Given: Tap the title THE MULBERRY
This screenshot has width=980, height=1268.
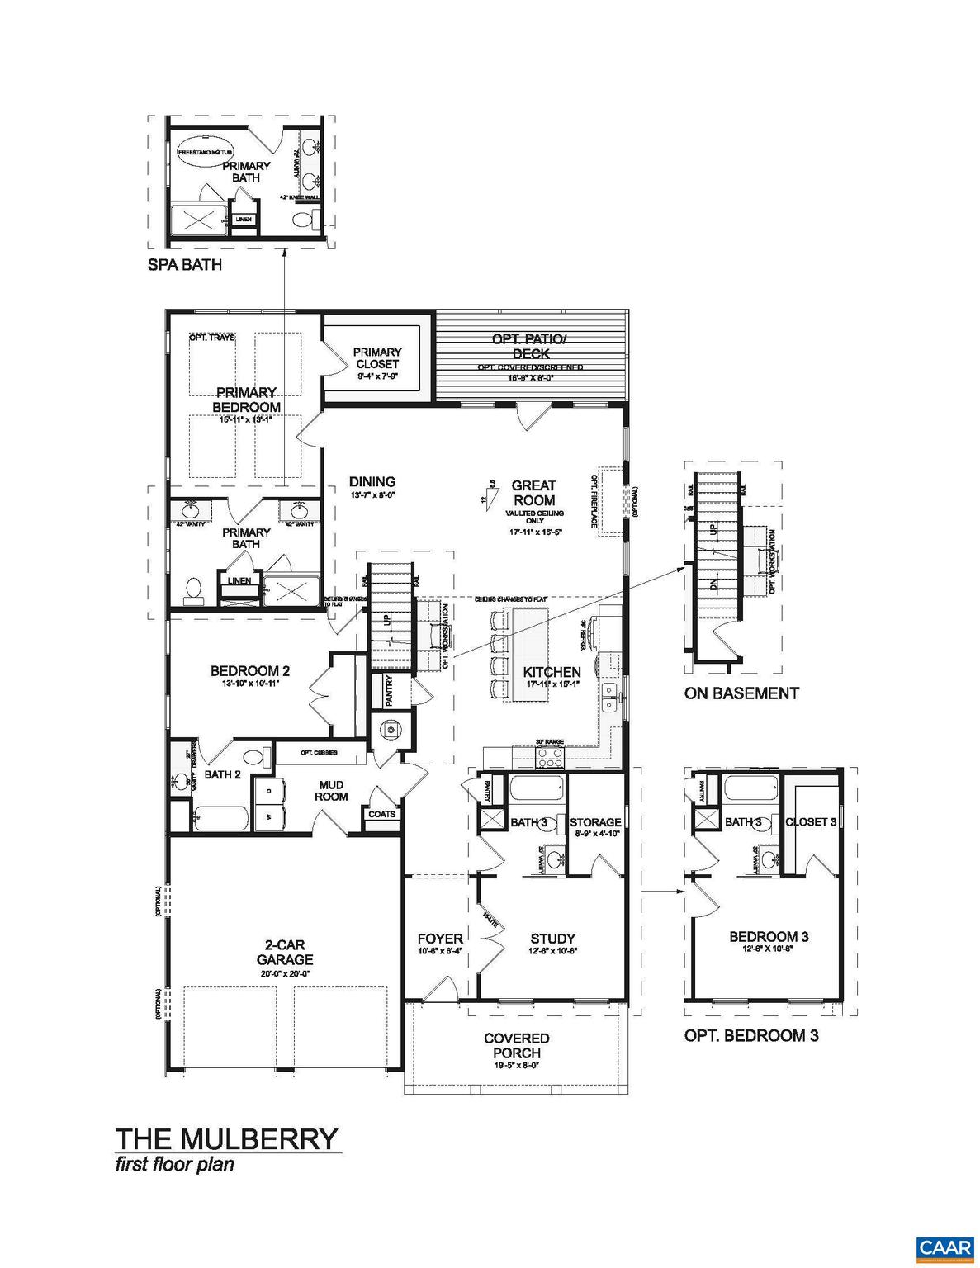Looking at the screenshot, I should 226,1138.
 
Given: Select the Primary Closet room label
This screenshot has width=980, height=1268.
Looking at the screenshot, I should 377,358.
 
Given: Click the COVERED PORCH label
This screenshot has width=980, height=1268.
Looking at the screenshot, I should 517,1045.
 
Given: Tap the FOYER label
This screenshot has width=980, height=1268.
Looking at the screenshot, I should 439,939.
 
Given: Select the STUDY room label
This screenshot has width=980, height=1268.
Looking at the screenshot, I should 552,939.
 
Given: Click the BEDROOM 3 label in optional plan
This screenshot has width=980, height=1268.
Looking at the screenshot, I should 768,936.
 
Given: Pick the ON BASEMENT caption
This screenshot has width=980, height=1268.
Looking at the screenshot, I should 741,693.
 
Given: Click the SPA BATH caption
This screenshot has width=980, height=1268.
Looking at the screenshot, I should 184,265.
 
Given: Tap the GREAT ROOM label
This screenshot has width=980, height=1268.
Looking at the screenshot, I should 533,493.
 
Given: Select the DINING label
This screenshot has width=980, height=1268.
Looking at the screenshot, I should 372,482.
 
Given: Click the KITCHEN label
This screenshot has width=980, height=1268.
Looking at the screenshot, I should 552,672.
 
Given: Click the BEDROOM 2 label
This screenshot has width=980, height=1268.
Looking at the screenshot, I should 249,672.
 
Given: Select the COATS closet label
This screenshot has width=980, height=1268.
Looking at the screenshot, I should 382,814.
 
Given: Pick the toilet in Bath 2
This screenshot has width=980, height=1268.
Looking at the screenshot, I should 253,756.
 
